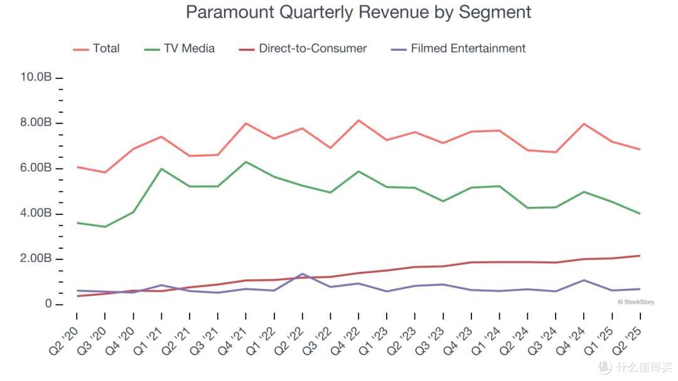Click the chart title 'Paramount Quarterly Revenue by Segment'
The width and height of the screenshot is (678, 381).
(x=358, y=12)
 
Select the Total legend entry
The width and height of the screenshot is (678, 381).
(x=97, y=48)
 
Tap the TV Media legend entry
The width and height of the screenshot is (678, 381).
(x=180, y=48)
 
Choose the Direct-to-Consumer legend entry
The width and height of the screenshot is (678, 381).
(x=303, y=48)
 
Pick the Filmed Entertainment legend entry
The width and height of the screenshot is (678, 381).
(x=458, y=48)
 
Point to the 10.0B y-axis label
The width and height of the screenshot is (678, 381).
(x=36, y=77)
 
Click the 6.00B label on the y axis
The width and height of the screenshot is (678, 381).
(x=36, y=167)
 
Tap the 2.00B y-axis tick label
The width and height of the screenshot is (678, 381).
(x=36, y=258)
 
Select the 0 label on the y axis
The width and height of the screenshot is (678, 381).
(x=48, y=304)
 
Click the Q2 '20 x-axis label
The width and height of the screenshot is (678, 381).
(x=64, y=341)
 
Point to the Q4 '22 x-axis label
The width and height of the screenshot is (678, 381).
(x=345, y=341)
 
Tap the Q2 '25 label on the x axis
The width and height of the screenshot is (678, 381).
(x=627, y=341)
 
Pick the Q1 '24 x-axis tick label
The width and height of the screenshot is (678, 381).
(x=487, y=341)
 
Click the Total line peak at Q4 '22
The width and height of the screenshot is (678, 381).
(x=359, y=120)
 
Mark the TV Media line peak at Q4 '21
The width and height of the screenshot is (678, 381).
(x=246, y=162)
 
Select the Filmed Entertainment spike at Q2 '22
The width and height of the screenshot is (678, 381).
(x=302, y=274)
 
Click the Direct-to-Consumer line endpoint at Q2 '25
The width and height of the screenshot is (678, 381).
(x=640, y=256)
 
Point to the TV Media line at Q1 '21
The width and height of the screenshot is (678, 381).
(x=161, y=169)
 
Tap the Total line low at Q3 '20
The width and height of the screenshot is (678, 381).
(x=105, y=172)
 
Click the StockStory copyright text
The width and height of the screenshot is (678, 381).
(x=636, y=302)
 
